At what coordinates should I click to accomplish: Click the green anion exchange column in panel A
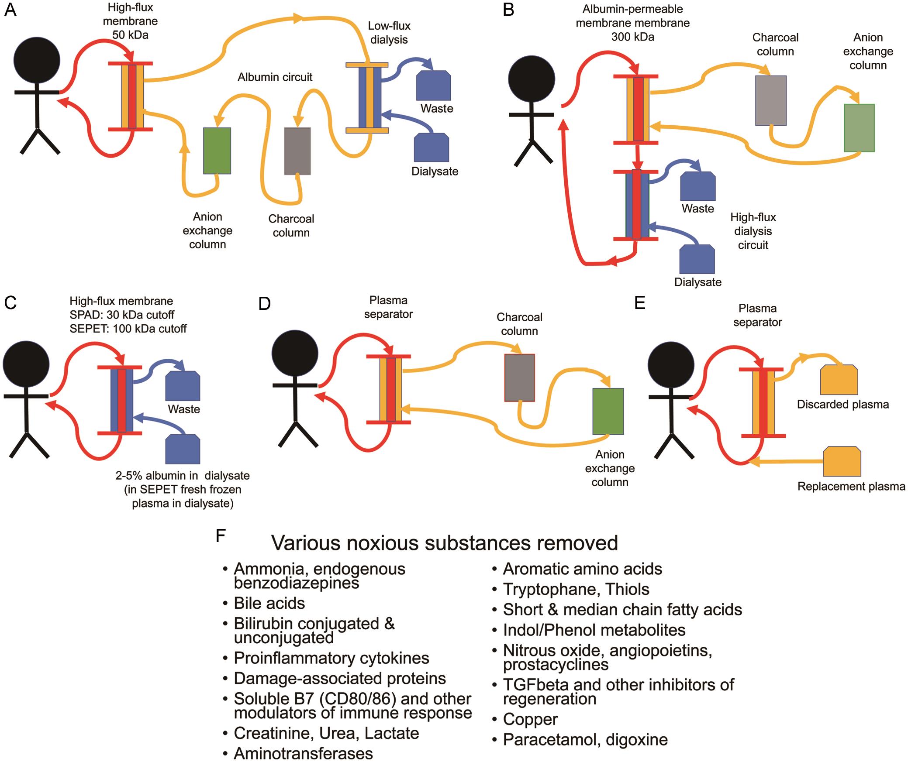[x=217, y=151]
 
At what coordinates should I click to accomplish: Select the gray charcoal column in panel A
[x=297, y=151]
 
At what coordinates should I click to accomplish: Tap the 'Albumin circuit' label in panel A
[x=275, y=77]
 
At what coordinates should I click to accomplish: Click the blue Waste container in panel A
[x=433, y=86]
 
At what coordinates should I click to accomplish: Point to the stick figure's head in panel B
[x=532, y=79]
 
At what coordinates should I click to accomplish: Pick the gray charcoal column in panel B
[x=771, y=100]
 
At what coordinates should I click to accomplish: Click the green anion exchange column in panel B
[x=859, y=128]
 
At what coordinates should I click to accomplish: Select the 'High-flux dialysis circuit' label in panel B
[x=753, y=231]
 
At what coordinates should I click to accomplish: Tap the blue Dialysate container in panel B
[x=697, y=260]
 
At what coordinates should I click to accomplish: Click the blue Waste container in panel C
[x=183, y=386]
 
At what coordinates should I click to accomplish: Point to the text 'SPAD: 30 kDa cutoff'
[x=122, y=315]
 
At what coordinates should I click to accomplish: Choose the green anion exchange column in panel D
[x=608, y=411]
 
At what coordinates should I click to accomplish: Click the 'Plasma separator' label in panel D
[x=388, y=307]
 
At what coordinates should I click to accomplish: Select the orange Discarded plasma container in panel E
[x=839, y=380]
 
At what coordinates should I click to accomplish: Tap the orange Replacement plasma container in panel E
[x=842, y=462]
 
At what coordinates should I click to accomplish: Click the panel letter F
[x=221, y=536]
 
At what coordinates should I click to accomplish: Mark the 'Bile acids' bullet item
[x=269, y=603]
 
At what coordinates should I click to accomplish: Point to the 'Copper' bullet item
[x=530, y=719]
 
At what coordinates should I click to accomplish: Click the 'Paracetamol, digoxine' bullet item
[x=585, y=740]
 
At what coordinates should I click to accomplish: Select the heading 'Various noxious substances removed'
[x=444, y=543]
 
